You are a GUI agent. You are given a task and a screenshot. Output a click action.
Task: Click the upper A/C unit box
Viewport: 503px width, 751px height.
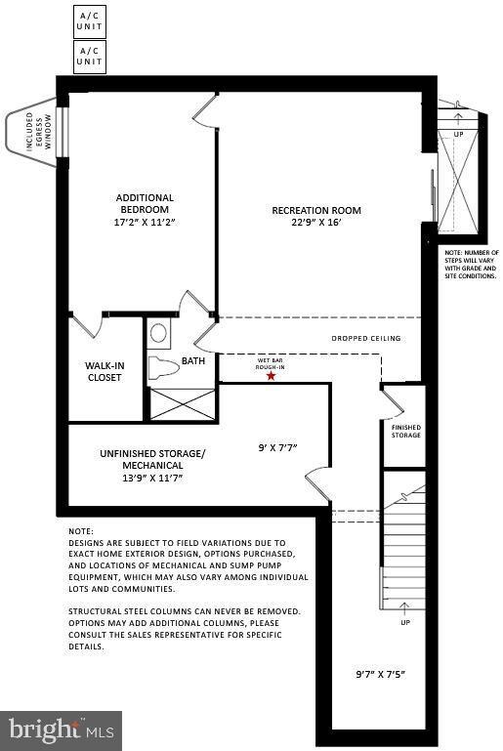(89, 20)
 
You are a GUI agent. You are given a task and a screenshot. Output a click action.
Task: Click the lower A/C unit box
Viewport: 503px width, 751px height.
(89, 56)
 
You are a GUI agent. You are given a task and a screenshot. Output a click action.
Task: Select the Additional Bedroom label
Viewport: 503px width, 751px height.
(145, 203)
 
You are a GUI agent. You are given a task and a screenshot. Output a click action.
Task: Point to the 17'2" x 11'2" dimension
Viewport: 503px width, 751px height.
(145, 222)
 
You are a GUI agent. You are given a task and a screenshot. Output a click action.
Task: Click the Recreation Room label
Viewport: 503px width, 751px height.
(316, 210)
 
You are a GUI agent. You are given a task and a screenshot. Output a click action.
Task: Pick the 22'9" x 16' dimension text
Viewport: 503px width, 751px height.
(316, 223)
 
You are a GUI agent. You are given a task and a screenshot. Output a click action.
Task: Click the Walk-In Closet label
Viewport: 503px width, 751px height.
(105, 371)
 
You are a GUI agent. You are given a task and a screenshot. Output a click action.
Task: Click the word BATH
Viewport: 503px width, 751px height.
(192, 361)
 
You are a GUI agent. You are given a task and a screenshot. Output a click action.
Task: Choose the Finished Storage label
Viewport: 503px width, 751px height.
(405, 431)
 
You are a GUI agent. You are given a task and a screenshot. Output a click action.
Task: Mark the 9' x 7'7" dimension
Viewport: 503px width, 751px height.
(276, 447)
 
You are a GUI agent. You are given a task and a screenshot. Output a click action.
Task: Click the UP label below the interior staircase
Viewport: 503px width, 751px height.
(404, 622)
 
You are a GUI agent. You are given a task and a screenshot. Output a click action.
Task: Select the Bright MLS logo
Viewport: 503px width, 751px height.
(61, 730)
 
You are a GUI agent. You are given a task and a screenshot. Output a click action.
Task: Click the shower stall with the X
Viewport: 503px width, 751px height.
(182, 403)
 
